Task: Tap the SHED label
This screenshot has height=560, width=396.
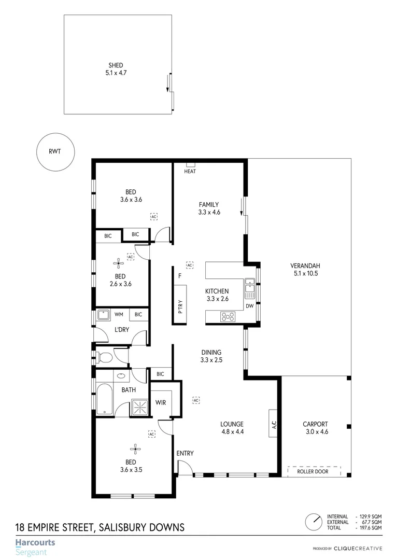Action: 116,65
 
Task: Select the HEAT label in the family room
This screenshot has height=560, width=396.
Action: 190,172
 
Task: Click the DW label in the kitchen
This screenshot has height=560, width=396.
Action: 249,306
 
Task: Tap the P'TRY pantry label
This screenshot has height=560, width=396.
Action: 180,308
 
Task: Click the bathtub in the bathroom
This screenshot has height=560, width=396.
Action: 104,399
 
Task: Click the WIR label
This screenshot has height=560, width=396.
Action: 161,402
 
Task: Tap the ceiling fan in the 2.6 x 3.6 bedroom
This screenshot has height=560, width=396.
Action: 120,263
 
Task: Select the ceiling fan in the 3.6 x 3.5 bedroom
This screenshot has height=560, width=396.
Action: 135,450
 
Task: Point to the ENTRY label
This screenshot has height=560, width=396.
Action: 185,453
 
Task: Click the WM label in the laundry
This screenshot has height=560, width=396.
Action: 119,314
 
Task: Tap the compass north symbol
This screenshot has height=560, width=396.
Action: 313,521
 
